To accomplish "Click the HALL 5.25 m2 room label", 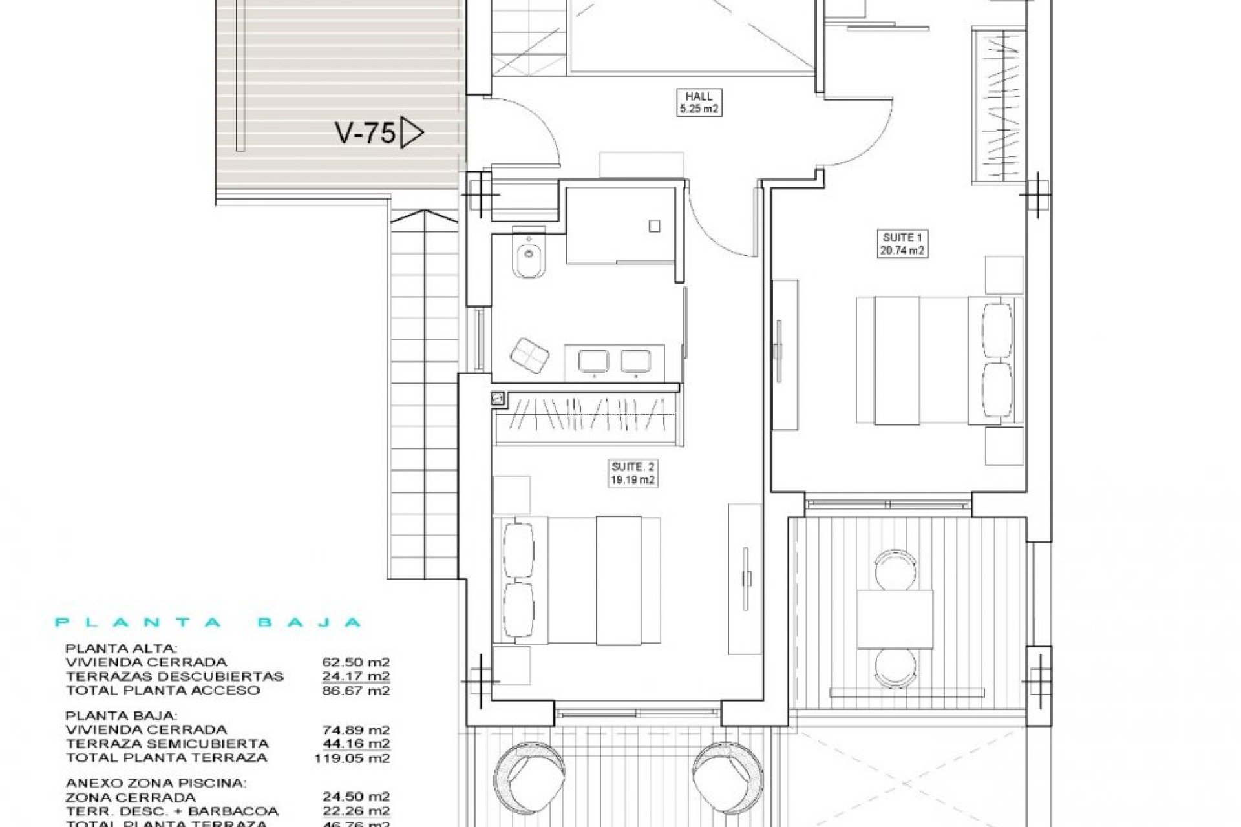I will [x=699, y=103].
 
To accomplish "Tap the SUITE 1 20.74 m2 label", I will [x=902, y=244].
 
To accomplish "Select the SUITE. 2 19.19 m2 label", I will [x=633, y=474].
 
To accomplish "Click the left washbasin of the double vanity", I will [x=593, y=362].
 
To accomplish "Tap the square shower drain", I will [x=654, y=225].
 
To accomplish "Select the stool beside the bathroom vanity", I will [x=529, y=355].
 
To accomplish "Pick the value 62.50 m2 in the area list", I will [x=355, y=662].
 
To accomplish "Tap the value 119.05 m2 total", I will [x=352, y=758].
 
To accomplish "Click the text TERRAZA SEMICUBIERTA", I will [x=167, y=744].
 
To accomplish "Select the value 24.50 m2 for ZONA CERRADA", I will [x=355, y=797].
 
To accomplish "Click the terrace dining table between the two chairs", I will [x=895, y=619].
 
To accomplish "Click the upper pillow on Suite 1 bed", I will [x=997, y=330].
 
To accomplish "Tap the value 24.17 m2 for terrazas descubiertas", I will [x=355, y=676].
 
